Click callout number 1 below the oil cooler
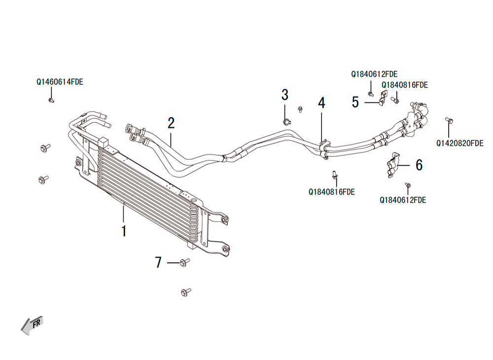[124, 231]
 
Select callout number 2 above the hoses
[171, 123]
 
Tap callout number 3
[285, 95]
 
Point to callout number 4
[321, 103]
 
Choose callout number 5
[355, 102]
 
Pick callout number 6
[419, 165]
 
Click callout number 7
[158, 262]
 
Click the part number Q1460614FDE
[60, 82]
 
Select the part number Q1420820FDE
[459, 144]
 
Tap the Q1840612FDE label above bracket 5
[374, 74]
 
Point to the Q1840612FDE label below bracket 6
[403, 200]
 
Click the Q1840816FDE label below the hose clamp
[332, 192]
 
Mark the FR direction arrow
[32, 325]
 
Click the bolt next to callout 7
[184, 262]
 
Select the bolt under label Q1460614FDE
[51, 100]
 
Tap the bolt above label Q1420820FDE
[449, 120]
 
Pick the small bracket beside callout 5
[383, 99]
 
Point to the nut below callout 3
[286, 122]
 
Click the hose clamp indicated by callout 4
[324, 149]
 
